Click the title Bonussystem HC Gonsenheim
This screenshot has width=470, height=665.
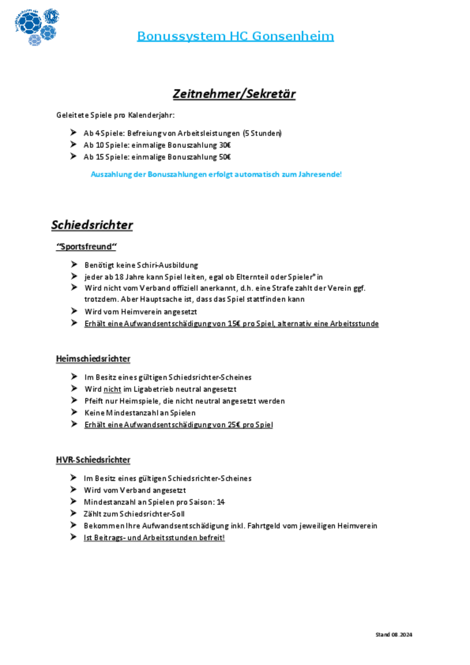(235, 36)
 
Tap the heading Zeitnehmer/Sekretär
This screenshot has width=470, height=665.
(234, 94)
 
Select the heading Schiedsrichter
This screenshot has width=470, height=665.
(92, 225)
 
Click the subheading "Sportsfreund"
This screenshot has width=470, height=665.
(86, 247)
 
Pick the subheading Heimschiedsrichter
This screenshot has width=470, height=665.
(93, 359)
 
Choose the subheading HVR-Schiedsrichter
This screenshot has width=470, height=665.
(93, 460)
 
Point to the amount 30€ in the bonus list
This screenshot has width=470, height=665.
(225, 146)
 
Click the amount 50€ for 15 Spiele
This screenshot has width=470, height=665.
(225, 157)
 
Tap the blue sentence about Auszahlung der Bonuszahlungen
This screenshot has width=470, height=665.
(216, 174)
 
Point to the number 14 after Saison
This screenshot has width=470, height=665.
(221, 502)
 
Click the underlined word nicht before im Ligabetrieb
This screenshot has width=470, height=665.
(112, 389)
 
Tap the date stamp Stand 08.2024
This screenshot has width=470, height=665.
(393, 635)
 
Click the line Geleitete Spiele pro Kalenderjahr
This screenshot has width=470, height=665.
(115, 115)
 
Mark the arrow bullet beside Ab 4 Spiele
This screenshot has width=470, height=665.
(74, 133)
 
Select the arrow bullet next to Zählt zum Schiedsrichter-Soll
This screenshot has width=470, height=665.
(74, 514)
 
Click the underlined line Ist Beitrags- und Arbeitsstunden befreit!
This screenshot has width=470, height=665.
(154, 538)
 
